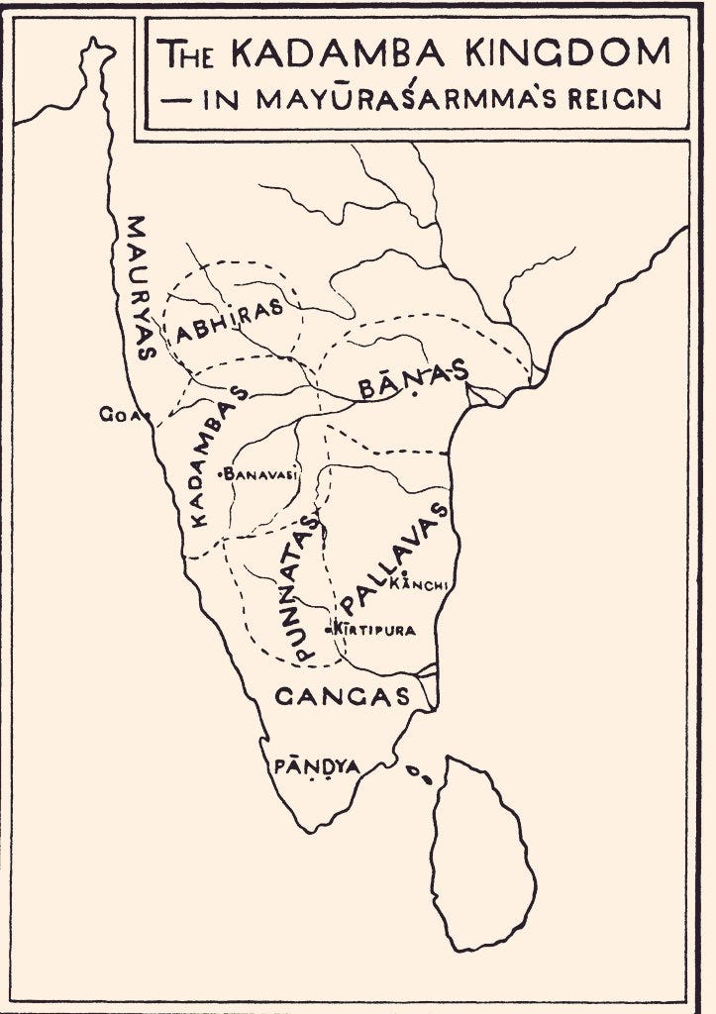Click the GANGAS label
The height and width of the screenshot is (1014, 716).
coord(342,696)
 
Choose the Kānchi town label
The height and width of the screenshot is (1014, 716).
coord(422,585)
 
